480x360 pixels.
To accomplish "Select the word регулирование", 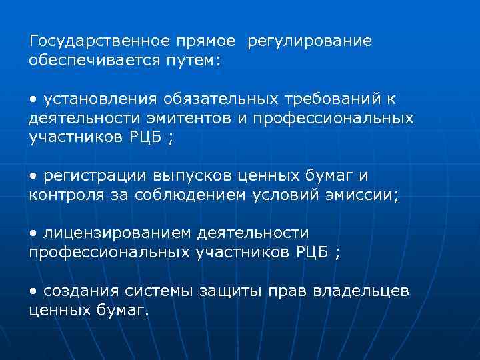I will tap(309, 41).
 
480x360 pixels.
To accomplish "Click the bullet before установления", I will tap(33, 99).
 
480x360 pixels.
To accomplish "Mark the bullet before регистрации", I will tap(33, 176).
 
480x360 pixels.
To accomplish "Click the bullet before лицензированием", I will tap(33, 233).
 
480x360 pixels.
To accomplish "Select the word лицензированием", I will tap(117, 233).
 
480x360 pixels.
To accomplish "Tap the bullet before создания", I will tap(33, 291).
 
